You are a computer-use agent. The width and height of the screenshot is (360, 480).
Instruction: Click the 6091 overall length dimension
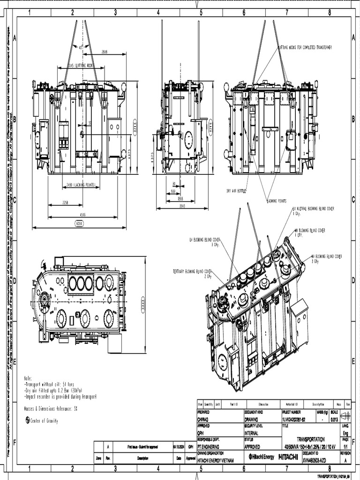pos(79,224)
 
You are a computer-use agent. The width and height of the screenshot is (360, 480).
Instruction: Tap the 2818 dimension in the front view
pos(105,52)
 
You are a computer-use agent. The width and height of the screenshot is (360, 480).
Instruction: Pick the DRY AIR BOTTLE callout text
pos(236,191)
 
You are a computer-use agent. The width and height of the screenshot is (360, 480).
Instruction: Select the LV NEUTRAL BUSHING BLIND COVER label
pos(314,209)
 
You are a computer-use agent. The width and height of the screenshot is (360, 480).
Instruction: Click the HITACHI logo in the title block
pos(288,457)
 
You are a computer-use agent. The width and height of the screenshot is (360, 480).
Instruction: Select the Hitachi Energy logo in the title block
pos(262,457)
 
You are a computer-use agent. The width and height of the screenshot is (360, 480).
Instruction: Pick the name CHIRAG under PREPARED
pos(202,420)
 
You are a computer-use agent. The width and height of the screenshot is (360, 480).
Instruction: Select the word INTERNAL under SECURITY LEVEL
pos(251,433)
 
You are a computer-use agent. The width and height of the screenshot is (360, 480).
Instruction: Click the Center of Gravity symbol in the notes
pos(27,421)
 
